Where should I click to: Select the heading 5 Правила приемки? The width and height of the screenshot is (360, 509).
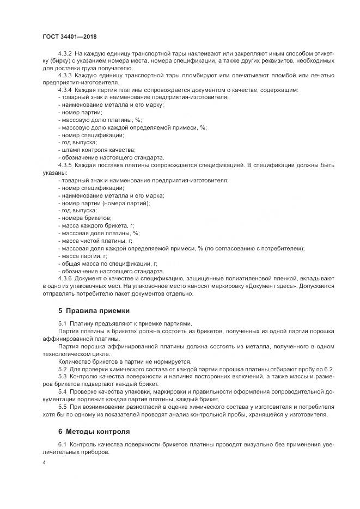pos(94,311)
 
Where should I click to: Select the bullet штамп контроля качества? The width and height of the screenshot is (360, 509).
pos(97,150)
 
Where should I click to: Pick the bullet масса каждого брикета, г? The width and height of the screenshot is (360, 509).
pos(97,225)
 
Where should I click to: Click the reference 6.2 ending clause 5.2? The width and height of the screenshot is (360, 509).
pos(330,370)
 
